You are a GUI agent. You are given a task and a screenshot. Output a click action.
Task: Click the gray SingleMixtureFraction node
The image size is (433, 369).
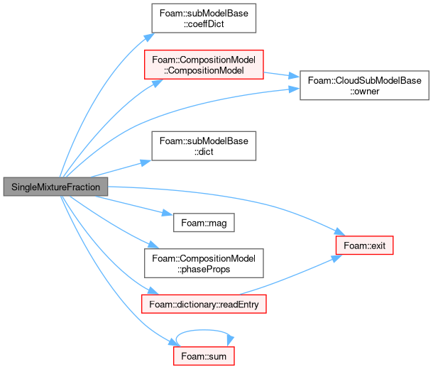[x=55, y=187]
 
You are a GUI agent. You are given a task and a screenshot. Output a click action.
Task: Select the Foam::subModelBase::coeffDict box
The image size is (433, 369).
[x=204, y=18]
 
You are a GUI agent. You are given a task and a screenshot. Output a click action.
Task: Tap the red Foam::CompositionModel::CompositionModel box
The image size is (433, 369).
[x=204, y=65]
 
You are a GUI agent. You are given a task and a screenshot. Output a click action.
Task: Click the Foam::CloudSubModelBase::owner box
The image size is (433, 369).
[x=365, y=85]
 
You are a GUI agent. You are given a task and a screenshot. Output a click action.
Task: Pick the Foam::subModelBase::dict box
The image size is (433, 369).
[x=204, y=146]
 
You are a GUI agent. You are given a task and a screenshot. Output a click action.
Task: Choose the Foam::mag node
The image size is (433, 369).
[x=204, y=222]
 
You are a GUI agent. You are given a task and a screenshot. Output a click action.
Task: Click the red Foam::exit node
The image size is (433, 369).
[x=365, y=245]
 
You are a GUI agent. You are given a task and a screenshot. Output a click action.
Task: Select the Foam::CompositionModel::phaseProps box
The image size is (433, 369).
[x=204, y=263]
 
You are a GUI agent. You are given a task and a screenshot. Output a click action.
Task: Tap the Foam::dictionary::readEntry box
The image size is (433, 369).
[x=204, y=304]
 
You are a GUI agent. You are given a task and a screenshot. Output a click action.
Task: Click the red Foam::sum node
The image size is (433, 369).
[x=204, y=356]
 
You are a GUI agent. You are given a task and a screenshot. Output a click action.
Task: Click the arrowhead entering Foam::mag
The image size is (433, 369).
[x=168, y=213]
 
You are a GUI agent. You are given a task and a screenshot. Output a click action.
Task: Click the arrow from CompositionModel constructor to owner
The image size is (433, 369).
[x=282, y=75]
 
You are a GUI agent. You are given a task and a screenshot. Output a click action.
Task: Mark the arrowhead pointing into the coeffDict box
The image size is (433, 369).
[x=149, y=37]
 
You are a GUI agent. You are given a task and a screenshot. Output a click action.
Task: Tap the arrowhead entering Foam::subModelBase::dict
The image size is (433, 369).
[x=146, y=163]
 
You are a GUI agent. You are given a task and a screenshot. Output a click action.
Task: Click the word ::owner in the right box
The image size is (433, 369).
[x=365, y=91]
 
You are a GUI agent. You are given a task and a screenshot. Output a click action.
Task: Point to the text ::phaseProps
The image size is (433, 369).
[x=204, y=269]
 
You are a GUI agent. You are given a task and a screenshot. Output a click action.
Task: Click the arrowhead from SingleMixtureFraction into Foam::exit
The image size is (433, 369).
[x=340, y=231]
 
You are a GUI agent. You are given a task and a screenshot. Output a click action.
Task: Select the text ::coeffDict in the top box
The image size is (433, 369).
[x=204, y=24]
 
